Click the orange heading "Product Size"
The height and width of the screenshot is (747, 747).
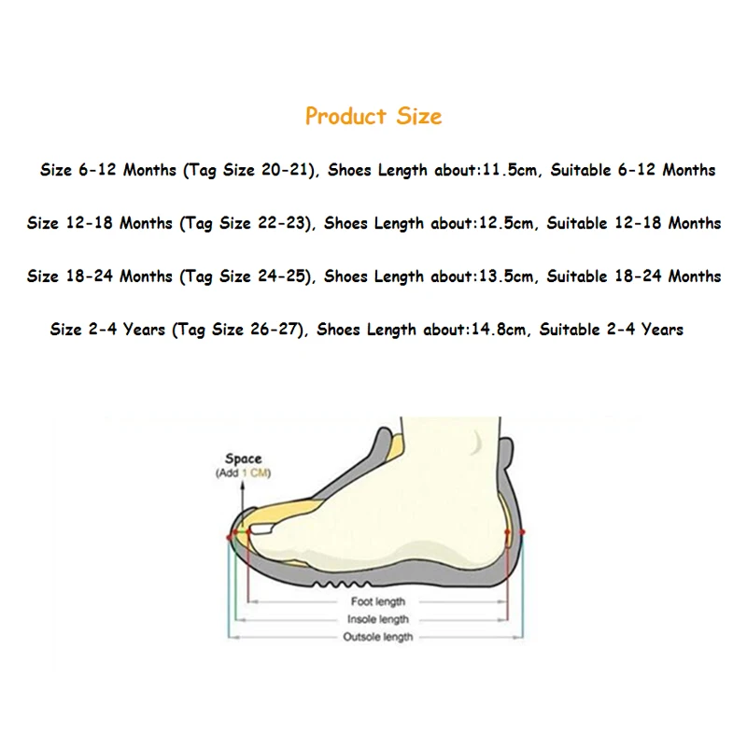tap(373, 117)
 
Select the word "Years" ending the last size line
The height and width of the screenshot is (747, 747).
tap(661, 330)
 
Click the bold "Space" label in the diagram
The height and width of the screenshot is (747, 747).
tap(243, 459)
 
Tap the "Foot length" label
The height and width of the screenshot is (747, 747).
tap(378, 602)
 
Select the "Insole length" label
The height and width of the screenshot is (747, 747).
tap(378, 619)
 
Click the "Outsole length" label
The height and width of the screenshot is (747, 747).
tap(378, 637)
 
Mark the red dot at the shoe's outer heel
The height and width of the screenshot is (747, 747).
tap(522, 533)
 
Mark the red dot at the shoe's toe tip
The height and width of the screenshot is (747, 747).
tap(229, 537)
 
